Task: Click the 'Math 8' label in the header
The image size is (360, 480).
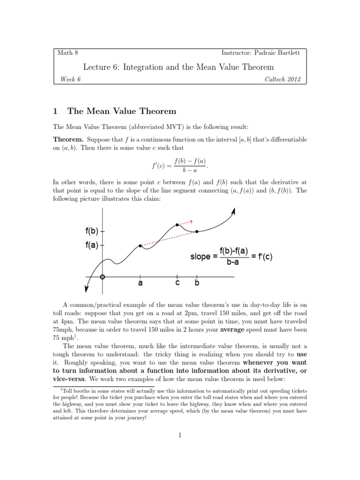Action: [x=65, y=53]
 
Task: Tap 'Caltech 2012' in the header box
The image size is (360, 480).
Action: [x=282, y=79]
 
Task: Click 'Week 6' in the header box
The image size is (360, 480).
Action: [x=70, y=79]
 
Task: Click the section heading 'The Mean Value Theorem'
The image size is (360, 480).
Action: [x=122, y=111]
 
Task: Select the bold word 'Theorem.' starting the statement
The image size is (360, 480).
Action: [x=68, y=140]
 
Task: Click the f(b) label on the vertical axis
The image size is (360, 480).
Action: [x=92, y=231]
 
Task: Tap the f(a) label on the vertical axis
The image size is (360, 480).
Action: [x=92, y=245]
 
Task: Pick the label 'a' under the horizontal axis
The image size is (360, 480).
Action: [x=140, y=284]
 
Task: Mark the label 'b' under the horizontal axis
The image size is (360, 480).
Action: [x=197, y=284]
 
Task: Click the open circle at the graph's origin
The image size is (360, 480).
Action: [x=103, y=276]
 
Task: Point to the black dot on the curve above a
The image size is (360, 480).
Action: [x=140, y=246]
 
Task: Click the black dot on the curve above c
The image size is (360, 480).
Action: [x=177, y=225]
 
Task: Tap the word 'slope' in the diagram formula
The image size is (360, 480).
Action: [x=201, y=257]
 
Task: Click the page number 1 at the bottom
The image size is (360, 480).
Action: [x=180, y=435]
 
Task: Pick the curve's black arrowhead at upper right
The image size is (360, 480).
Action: [x=233, y=211]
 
